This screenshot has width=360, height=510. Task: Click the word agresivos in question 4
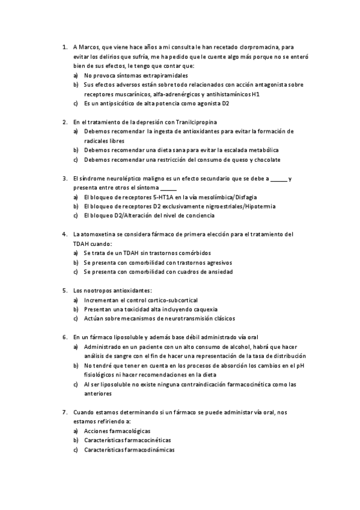218,262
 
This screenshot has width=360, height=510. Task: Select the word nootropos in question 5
96,290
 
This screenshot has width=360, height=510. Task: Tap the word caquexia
203,309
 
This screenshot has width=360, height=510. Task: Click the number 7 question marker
64,412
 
